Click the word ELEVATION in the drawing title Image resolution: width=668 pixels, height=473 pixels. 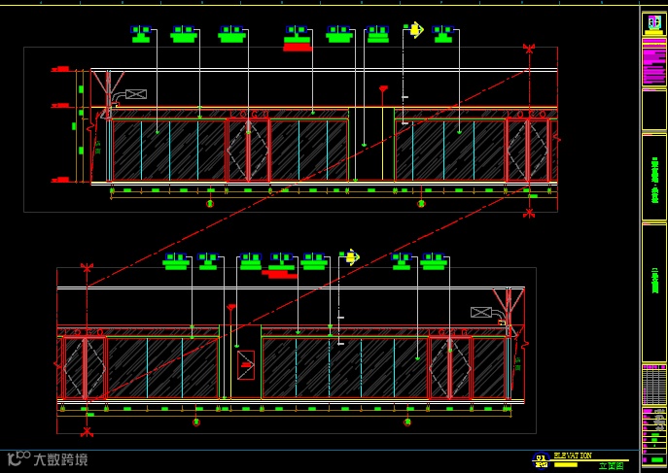(x=572, y=455)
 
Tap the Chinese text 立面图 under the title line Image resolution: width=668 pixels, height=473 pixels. (x=610, y=466)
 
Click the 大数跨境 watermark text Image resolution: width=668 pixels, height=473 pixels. (x=60, y=459)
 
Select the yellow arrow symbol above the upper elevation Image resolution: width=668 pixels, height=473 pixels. (x=415, y=30)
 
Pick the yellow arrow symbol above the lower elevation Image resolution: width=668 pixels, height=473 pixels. (x=350, y=257)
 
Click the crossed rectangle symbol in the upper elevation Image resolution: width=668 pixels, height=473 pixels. (x=135, y=94)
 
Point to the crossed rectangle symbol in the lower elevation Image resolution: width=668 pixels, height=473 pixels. (x=480, y=312)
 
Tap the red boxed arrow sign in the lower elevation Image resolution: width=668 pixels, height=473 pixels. (x=246, y=364)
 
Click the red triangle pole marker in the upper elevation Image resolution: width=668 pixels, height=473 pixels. (x=383, y=89)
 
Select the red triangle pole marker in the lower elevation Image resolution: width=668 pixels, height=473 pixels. (x=231, y=308)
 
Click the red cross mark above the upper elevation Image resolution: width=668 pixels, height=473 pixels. (x=528, y=48)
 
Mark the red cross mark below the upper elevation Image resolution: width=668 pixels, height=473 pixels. (x=529, y=212)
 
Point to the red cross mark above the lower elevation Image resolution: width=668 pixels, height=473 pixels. (x=87, y=267)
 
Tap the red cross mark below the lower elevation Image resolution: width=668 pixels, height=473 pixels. (x=87, y=431)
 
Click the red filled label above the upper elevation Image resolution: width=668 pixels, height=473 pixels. (x=298, y=47)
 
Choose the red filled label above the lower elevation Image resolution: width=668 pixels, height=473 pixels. (x=281, y=274)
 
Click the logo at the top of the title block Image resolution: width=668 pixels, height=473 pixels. (x=653, y=23)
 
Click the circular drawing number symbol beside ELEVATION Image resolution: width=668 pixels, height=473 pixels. (x=541, y=460)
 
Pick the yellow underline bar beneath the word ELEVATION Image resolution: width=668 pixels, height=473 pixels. (x=565, y=463)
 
